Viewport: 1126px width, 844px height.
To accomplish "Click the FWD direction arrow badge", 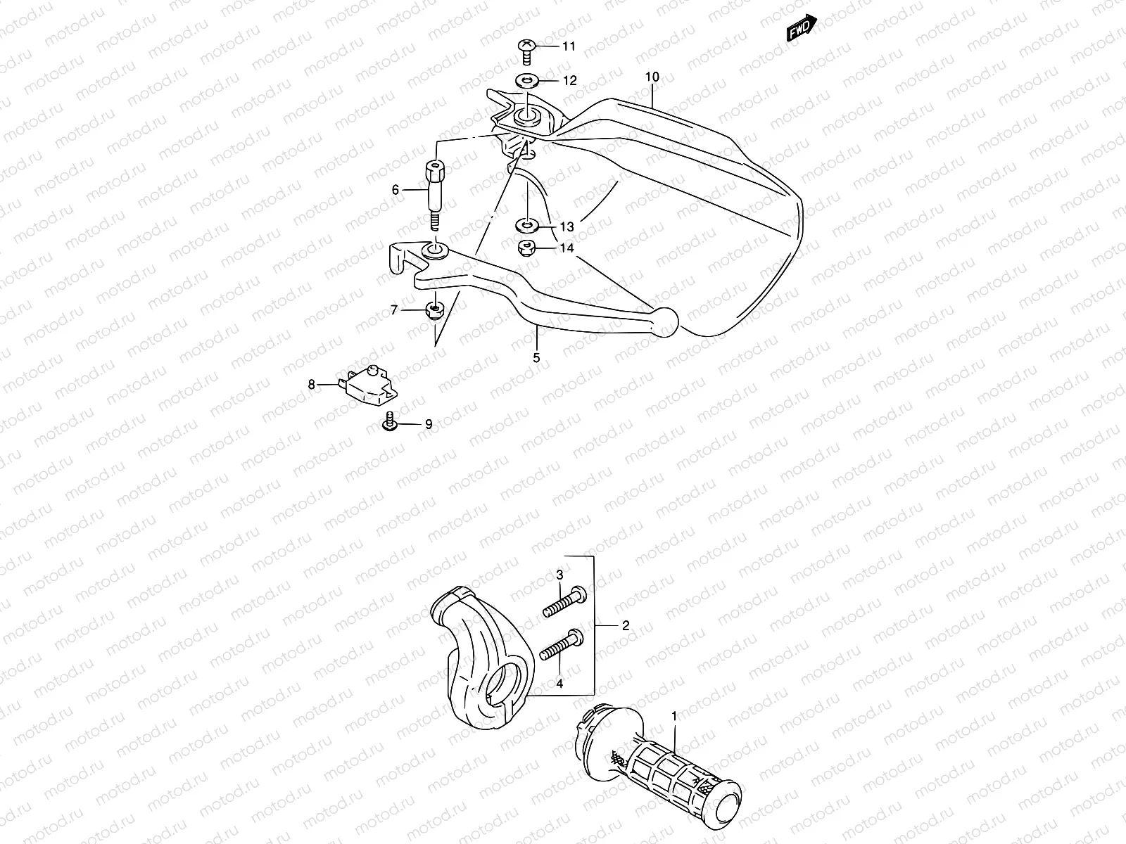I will tap(802, 27).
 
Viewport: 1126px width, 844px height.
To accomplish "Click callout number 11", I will tap(569, 46).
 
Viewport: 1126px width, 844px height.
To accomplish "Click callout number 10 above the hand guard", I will tap(652, 76).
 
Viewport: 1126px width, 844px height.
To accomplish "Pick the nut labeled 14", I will tap(526, 248).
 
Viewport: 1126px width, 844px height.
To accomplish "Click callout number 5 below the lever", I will tap(536, 358).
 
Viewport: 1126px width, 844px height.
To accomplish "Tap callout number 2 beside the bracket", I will tap(626, 625).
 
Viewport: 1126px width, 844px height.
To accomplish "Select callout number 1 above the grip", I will tap(674, 717).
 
